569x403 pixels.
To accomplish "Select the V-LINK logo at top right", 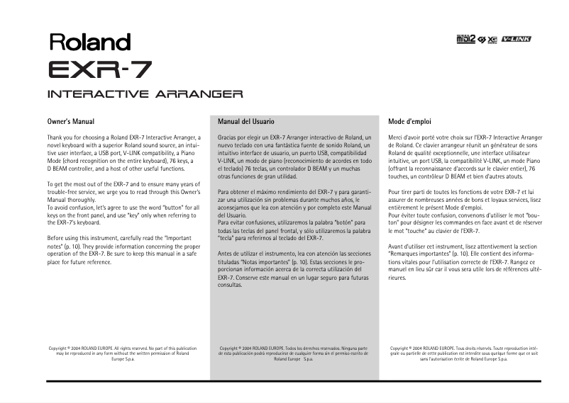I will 516,38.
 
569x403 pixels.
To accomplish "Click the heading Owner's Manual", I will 71,122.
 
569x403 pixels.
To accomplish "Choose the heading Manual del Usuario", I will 246,122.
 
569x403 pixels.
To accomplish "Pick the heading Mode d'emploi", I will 410,122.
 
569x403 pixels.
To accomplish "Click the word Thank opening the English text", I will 56,136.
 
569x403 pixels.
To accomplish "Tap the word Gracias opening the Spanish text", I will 229,136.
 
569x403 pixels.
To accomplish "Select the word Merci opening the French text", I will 397,136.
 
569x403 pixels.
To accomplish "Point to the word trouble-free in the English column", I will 65,193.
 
